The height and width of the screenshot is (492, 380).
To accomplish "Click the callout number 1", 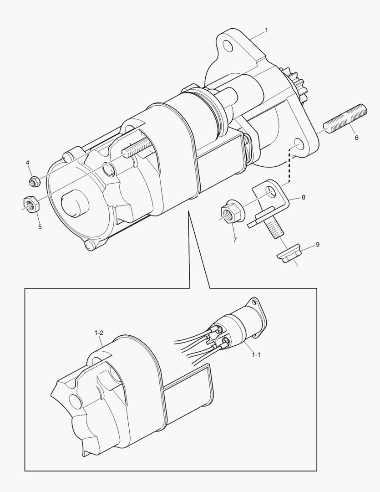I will tap(267, 31).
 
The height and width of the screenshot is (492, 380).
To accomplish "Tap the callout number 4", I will tap(27, 163).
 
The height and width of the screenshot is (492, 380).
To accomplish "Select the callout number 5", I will tap(40, 226).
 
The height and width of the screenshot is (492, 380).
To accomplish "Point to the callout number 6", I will tap(356, 138).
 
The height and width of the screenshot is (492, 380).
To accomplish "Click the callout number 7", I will tap(235, 240).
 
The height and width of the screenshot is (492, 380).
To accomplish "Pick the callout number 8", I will tap(304, 198).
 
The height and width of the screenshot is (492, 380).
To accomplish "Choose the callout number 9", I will tap(318, 245).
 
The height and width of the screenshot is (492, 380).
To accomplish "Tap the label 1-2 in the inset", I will tap(100, 333).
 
